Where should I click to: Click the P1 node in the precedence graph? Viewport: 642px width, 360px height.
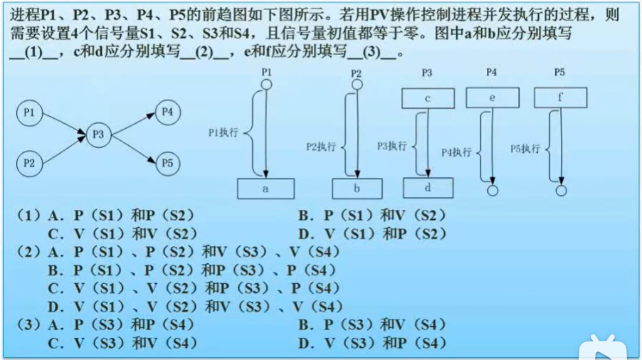29,113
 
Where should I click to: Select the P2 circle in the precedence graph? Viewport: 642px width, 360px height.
29,163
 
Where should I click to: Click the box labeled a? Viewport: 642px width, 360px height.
265,189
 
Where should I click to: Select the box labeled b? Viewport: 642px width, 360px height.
357,189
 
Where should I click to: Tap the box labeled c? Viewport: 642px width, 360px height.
427,98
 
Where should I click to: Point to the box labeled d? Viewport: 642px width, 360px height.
428,188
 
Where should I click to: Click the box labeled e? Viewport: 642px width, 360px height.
492,98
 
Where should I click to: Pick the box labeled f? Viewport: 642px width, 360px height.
560,98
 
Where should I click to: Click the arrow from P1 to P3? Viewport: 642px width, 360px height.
64,123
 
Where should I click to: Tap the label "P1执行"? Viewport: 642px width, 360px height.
223,132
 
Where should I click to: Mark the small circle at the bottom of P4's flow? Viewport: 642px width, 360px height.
492,190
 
